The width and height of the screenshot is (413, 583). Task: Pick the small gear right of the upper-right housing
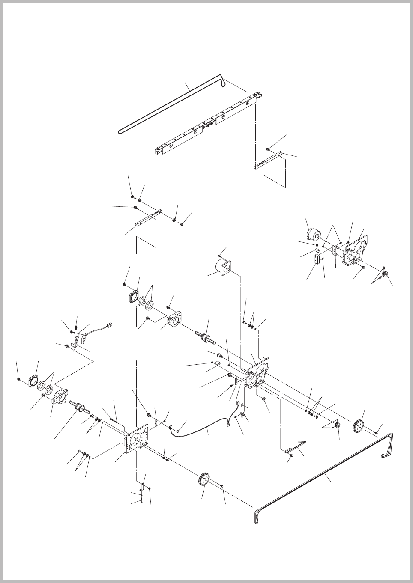tap(385, 274)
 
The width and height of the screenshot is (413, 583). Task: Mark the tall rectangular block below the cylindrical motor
tap(317, 259)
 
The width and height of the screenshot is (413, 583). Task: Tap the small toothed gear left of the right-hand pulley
tap(337, 425)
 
